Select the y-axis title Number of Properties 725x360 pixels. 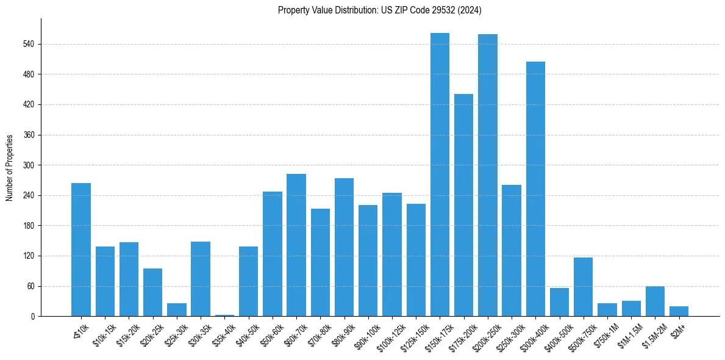(x=10, y=168)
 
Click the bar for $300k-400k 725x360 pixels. (x=535, y=189)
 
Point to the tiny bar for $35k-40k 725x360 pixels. (x=224, y=315)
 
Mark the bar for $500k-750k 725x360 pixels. (x=583, y=287)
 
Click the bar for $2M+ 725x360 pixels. (x=679, y=311)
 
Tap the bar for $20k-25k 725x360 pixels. (x=152, y=292)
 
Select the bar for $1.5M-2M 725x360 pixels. (x=655, y=301)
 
